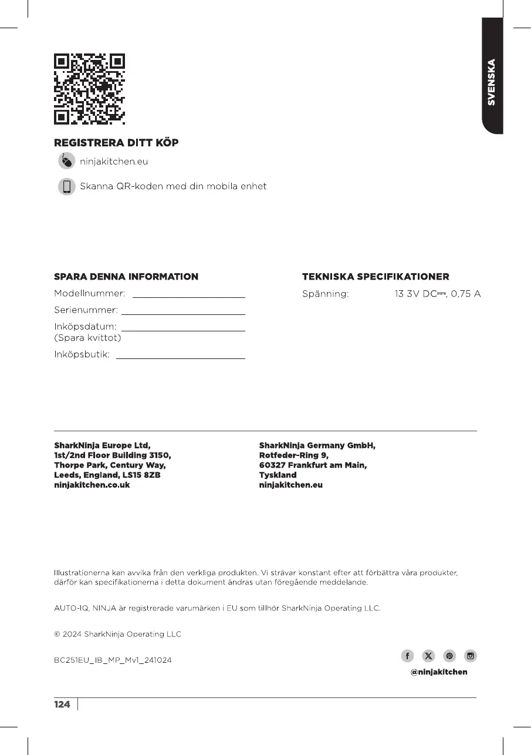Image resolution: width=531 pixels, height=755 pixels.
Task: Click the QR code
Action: point(89,89)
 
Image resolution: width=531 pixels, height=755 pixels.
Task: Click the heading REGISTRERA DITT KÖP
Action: point(116,143)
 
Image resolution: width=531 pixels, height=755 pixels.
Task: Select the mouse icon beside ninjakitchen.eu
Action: point(66,160)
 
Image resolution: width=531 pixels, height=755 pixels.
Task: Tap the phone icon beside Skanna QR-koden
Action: point(66,187)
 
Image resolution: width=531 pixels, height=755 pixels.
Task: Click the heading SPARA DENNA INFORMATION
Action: point(126,277)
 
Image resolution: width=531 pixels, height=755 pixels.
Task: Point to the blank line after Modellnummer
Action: point(188,297)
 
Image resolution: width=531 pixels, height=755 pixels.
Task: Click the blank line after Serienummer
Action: point(182,314)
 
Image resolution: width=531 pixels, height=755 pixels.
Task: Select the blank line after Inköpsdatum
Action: point(182,331)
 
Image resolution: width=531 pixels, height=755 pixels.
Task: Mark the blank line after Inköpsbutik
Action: point(180,358)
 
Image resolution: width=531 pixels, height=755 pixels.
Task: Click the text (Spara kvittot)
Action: point(87,338)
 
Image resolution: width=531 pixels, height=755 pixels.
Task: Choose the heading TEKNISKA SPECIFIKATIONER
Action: point(376,277)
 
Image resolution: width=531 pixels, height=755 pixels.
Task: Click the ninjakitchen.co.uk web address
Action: point(92,485)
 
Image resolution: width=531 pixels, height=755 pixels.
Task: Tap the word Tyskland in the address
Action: point(278,475)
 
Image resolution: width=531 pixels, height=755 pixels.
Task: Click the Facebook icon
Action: point(407,656)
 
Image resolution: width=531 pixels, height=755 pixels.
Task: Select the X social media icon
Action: point(428,656)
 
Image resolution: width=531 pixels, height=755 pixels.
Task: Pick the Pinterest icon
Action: point(449,656)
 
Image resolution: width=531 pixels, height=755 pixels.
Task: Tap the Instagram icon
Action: point(471,656)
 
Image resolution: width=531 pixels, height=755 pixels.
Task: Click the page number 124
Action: point(62,704)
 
